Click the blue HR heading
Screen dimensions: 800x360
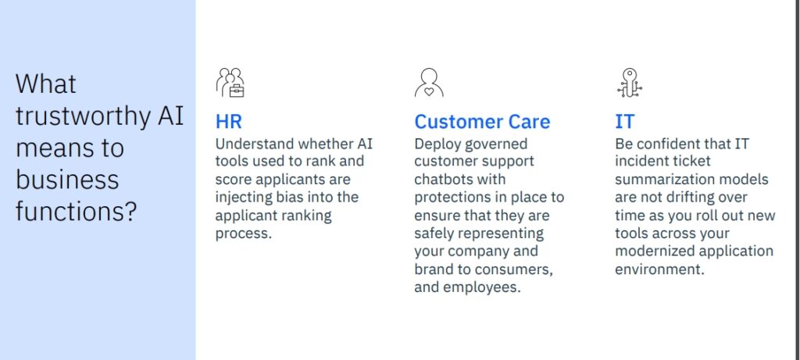pyautogui.click(x=229, y=122)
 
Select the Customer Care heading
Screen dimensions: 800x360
pyautogui.click(x=482, y=122)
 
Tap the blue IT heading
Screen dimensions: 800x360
pyautogui.click(x=624, y=122)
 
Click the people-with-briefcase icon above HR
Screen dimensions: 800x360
pyautogui.click(x=230, y=83)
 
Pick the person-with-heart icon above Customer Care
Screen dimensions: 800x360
pyautogui.click(x=429, y=83)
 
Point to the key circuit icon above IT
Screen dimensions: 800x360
pyautogui.click(x=630, y=83)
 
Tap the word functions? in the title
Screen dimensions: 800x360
pyautogui.click(x=77, y=211)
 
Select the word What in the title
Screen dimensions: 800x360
pyautogui.click(x=46, y=84)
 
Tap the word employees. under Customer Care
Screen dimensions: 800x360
pyautogui.click(x=481, y=287)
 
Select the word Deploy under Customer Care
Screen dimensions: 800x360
pyautogui.click(x=438, y=144)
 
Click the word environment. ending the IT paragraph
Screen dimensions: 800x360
pyautogui.click(x=659, y=269)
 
